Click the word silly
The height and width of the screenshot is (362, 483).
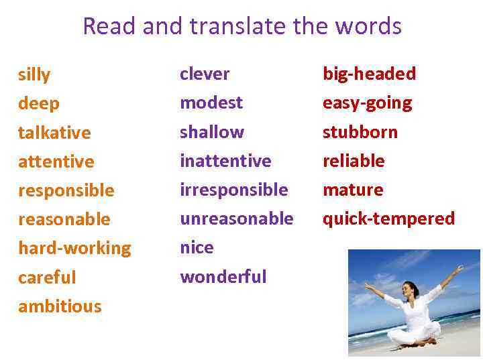tap(34, 75)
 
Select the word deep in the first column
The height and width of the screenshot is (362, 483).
tap(39, 104)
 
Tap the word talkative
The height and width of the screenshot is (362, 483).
tap(54, 133)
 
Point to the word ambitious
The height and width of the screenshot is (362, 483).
tap(60, 306)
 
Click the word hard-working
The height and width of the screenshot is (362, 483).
tap(74, 248)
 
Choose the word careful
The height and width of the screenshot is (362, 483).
tap(47, 278)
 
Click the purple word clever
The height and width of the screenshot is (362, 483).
tap(205, 74)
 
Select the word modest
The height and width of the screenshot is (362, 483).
tap(211, 103)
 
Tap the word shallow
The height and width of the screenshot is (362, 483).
tap(212, 132)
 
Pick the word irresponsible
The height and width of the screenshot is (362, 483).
tap(234, 190)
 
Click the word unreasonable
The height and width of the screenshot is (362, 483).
tap(237, 219)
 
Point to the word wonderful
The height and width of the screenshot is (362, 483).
tap(223, 276)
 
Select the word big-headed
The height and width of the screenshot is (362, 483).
tap(369, 74)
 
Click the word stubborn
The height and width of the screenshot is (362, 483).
tap(360, 132)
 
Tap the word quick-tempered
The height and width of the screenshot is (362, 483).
tap(388, 219)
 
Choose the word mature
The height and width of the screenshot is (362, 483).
tap(353, 190)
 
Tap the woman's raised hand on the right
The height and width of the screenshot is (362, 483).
tap(460, 267)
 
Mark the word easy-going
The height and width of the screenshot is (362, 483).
tap(367, 103)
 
